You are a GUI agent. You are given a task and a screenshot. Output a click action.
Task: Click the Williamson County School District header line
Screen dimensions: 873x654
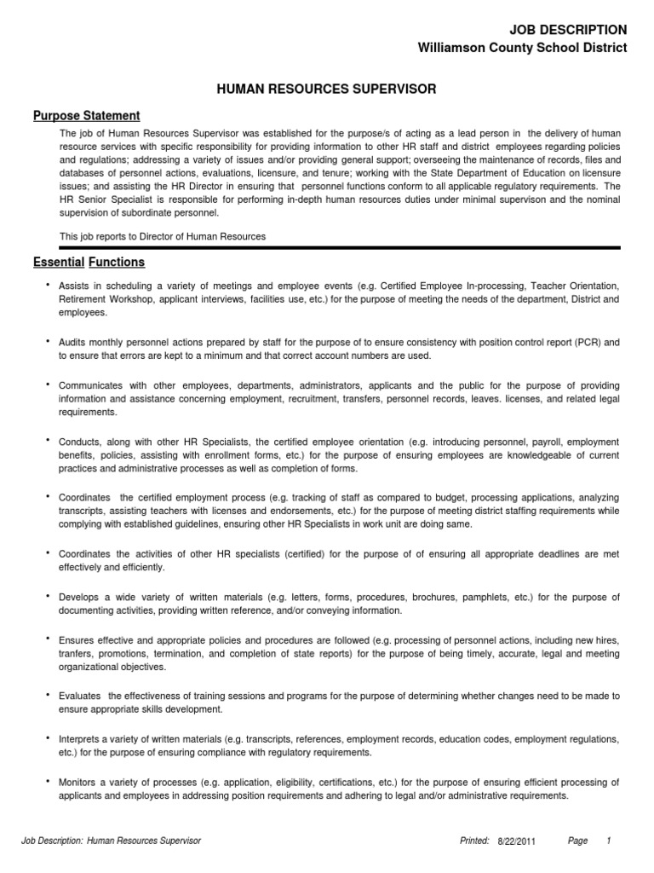pos(522,49)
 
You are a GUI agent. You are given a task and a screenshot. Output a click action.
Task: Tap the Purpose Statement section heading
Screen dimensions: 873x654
pos(86,116)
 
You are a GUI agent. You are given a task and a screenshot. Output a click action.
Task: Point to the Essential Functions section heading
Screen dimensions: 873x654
pos(89,262)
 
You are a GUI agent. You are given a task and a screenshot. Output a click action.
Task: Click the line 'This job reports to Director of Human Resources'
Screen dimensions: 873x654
pos(162,236)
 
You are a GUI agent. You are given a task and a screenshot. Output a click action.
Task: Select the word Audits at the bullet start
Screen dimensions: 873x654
pos(72,342)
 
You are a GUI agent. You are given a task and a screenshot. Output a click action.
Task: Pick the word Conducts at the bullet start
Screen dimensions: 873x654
pos(77,442)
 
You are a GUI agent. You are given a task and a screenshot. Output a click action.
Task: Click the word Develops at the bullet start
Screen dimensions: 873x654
pos(78,597)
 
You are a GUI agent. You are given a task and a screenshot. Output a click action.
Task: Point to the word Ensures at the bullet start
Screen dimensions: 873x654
pos(77,639)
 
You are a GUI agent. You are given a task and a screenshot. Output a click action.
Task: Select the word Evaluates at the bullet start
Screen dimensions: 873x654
pos(79,696)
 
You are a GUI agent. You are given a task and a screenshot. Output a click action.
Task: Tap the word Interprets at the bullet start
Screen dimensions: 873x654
pos(80,738)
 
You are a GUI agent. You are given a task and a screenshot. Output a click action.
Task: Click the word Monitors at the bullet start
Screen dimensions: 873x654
pos(78,782)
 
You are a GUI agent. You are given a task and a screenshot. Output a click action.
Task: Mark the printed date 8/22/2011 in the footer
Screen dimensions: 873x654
pos(517,841)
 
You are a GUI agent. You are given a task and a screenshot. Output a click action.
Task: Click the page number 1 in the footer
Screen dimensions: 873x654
pos(609,841)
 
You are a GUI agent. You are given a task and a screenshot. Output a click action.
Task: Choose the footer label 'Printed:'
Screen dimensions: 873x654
pos(474,841)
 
